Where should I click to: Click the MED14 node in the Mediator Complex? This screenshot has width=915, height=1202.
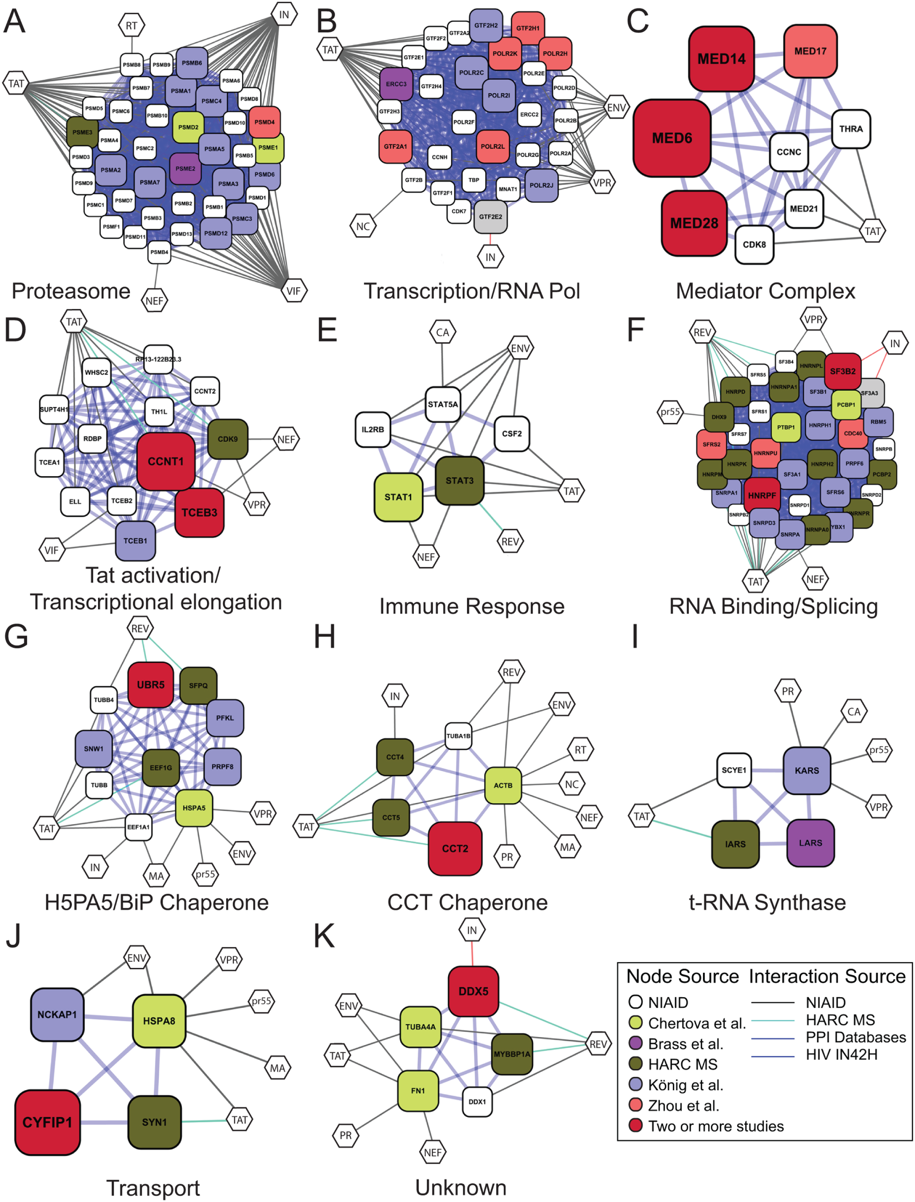pyautogui.click(x=721, y=59)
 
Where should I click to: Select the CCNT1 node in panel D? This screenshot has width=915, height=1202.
pyautogui.click(x=165, y=461)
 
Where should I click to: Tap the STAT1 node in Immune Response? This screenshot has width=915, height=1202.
pyautogui.click(x=398, y=497)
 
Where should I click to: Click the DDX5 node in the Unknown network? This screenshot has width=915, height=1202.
pyautogui.click(x=473, y=991)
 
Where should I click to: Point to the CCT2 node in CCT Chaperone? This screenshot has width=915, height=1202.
pyautogui.click(x=455, y=848)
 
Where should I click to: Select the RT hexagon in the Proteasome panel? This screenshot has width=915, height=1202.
pyautogui.click(x=131, y=25)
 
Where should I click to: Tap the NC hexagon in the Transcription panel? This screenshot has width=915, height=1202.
pyautogui.click(x=363, y=226)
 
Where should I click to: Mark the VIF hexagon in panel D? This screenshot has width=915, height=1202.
pyautogui.click(x=52, y=550)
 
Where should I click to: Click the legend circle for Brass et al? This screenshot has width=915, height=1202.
pyautogui.click(x=635, y=1043)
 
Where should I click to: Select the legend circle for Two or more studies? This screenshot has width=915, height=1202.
pyautogui.click(x=635, y=1125)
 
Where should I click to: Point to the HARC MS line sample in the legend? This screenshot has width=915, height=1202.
pyautogui.click(x=772, y=1020)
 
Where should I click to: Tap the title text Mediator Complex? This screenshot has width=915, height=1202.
pyautogui.click(x=765, y=291)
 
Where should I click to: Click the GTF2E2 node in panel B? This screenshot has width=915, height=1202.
pyautogui.click(x=490, y=217)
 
